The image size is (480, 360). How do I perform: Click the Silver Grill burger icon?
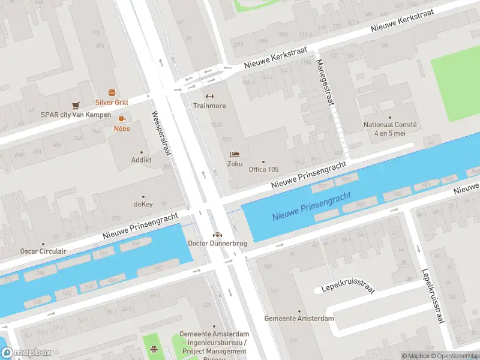point(112,92)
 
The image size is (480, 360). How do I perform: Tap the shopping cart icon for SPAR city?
point(76,105)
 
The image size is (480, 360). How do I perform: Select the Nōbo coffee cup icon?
point(122,119)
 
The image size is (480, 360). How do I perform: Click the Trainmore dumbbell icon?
point(209,96)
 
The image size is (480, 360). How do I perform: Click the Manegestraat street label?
point(324,82)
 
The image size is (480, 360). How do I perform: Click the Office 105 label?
point(263,169)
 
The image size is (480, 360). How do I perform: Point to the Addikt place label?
point(142,160)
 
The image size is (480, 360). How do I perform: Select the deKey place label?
point(143,204)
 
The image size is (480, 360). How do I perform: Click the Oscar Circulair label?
point(43,251)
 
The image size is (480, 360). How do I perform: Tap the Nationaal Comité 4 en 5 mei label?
point(390,128)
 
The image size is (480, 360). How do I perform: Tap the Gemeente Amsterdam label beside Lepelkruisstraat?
point(299,319)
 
